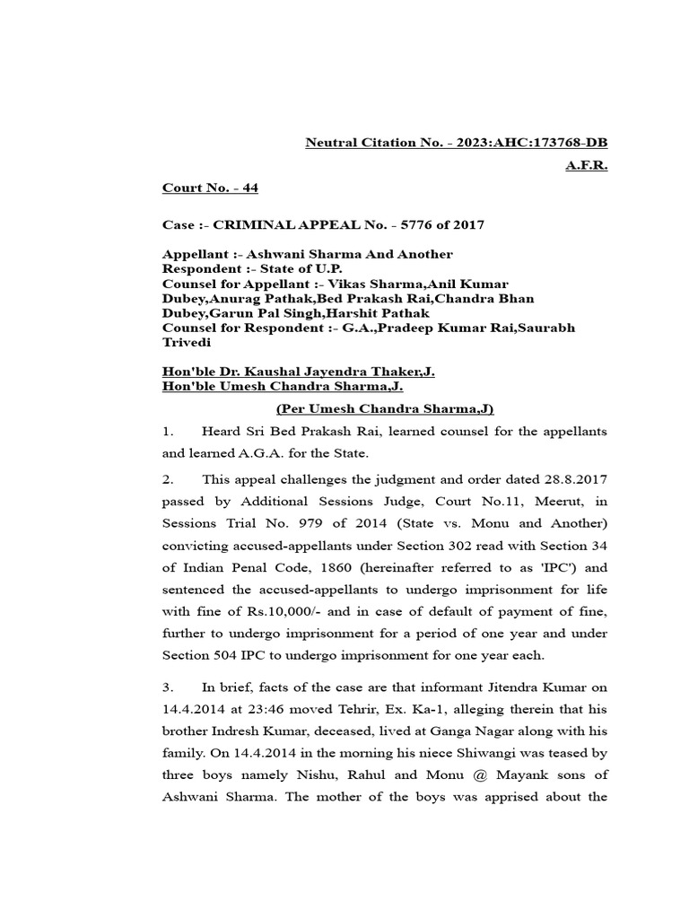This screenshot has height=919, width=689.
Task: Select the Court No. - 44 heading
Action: click(x=210, y=188)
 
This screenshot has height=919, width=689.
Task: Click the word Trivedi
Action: click(x=186, y=343)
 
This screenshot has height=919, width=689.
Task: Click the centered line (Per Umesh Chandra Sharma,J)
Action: click(x=384, y=409)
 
